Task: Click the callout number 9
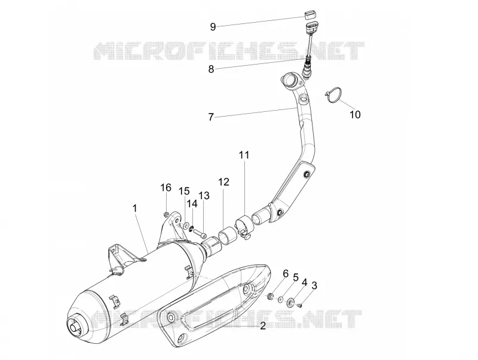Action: coord(213,27)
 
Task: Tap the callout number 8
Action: coord(211,69)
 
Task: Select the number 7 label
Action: coord(211,117)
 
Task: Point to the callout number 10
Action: coord(355,115)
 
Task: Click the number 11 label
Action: coord(244,155)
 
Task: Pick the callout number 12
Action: coord(223,182)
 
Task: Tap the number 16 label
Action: coord(166,188)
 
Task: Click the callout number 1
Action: coord(135,208)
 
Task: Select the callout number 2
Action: coord(263,326)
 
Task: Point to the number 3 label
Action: coord(314,286)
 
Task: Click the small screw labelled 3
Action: coord(299,305)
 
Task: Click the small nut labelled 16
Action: coord(166,214)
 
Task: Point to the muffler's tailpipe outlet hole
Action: coord(73,328)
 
